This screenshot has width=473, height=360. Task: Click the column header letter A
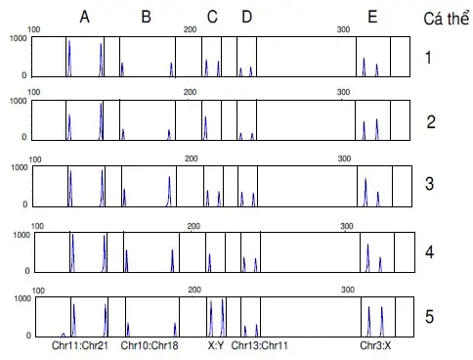pyautogui.click(x=85, y=17)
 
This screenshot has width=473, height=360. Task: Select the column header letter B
pyautogui.click(x=146, y=17)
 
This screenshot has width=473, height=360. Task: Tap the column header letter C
pyautogui.click(x=212, y=17)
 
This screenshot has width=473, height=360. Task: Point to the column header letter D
pyautogui.click(x=246, y=17)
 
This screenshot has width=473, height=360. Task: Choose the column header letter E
pyautogui.click(x=372, y=17)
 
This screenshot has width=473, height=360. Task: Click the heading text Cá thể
pyautogui.click(x=445, y=19)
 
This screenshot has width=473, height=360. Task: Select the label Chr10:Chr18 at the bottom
pyautogui.click(x=150, y=346)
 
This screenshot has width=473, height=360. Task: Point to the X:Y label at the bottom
pyautogui.click(x=216, y=346)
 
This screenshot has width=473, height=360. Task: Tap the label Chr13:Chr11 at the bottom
pyautogui.click(x=260, y=346)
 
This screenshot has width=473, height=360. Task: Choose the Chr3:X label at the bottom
pyautogui.click(x=375, y=346)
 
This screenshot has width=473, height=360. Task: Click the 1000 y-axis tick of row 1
pyautogui.click(x=17, y=38)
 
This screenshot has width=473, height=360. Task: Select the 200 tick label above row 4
pyautogui.click(x=193, y=226)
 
